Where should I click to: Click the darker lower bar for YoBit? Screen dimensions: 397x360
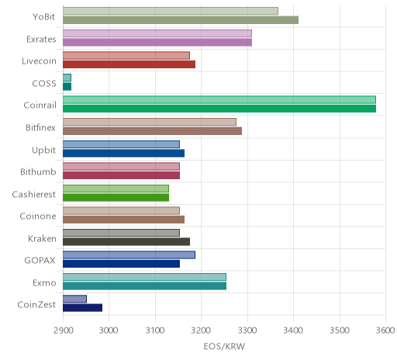(181, 20)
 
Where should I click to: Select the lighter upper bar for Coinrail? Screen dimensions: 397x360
(219, 100)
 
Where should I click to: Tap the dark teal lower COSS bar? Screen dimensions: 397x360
(67, 87)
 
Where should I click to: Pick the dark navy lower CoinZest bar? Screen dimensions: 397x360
(82, 308)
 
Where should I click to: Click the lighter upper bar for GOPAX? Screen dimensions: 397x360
(129, 254)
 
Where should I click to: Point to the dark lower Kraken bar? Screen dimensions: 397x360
(126, 241)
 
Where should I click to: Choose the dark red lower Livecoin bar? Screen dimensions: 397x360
(129, 64)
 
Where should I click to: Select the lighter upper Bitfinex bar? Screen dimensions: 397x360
(150, 122)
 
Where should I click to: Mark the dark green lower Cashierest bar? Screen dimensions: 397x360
(116, 197)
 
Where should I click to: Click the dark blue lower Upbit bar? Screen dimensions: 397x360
(123, 153)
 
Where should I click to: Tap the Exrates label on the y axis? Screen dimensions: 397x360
(41, 40)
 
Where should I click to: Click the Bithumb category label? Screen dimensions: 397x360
(38, 172)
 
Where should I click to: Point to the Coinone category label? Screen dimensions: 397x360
(38, 216)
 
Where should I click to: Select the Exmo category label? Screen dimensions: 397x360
(44, 283)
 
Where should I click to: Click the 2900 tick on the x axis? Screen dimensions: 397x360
(63, 331)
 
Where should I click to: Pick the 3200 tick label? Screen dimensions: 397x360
(201, 331)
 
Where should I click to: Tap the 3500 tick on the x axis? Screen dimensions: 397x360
(340, 331)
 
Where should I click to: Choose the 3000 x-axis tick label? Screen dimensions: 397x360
(109, 331)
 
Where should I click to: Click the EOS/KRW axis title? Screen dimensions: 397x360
(224, 346)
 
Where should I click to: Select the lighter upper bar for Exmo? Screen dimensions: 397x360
(144, 277)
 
